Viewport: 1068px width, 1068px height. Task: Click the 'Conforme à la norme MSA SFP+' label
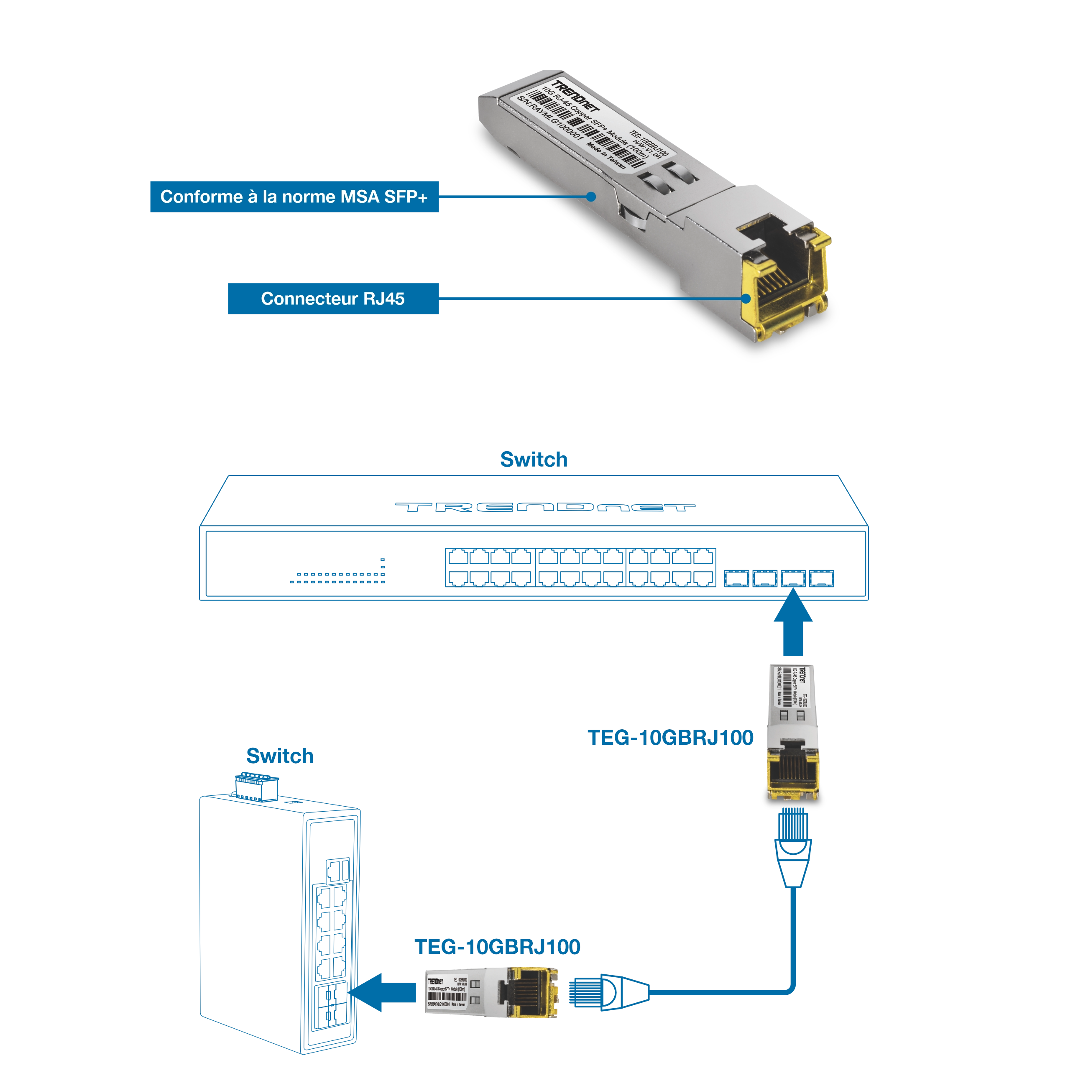point(294,197)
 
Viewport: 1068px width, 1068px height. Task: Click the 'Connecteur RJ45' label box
point(333,299)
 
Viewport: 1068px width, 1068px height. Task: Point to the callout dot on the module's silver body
point(591,196)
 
